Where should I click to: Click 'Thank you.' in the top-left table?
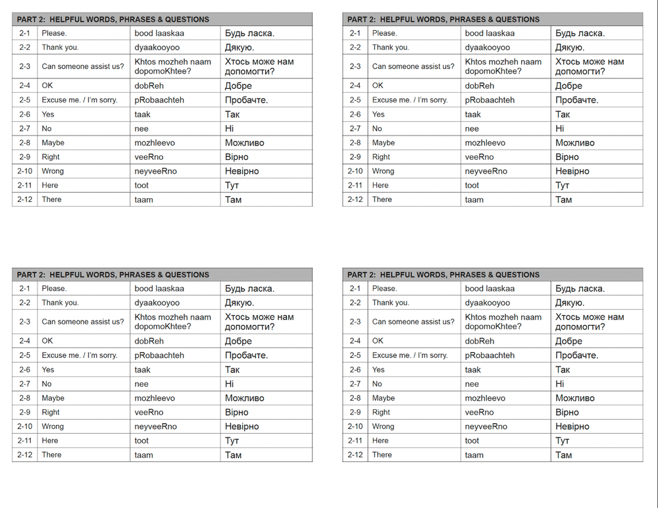pos(60,47)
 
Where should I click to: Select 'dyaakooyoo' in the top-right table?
pos(488,47)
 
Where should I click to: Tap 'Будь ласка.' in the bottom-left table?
pos(249,288)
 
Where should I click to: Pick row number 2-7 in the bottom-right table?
pos(355,384)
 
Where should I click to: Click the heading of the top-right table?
pos(443,19)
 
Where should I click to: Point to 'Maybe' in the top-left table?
pos(53,143)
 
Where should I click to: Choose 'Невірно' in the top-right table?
pos(572,171)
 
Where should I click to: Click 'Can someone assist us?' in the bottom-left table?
pos(83,322)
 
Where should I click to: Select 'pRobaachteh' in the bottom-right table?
pos(490,355)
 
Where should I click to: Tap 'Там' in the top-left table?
pos(234,199)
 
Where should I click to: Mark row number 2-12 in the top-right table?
pos(355,199)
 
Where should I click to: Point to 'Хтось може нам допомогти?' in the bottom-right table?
pos(590,322)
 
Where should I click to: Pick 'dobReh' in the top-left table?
pos(149,86)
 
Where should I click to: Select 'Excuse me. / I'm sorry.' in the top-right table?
pos(410,100)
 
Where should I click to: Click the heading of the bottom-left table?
pos(113,274)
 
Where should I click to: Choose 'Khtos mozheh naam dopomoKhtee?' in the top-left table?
pos(173,66)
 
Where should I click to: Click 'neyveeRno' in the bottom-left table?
pos(156,426)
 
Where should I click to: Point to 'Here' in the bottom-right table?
pos(380,441)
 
